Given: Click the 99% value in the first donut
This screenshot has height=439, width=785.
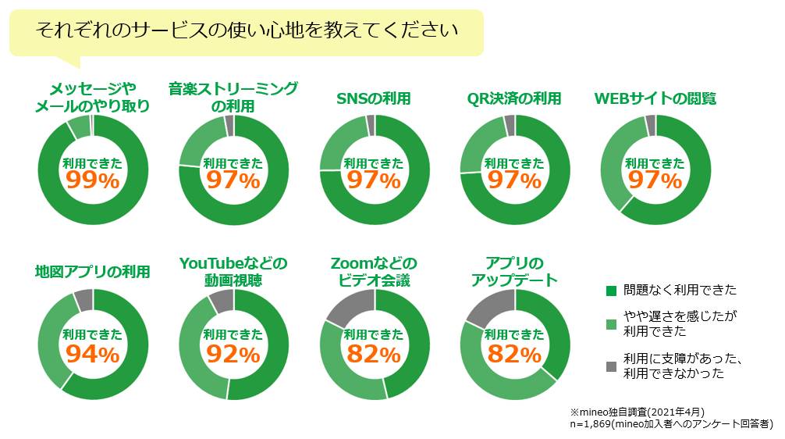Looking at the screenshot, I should coord(92,180).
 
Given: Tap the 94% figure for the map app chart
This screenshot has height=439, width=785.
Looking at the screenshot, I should coord(92,354).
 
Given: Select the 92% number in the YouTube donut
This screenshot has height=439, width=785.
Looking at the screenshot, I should coord(233,354).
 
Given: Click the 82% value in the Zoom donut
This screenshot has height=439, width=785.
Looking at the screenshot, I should coord(374,354).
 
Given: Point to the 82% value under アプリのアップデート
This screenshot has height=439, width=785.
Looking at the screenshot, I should coord(514,354).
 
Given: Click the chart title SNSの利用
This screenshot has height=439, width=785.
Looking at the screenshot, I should coord(373,98).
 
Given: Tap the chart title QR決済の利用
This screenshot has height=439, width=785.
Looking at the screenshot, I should coord(514,98).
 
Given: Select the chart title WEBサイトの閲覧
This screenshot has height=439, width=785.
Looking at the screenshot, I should coord(655,98).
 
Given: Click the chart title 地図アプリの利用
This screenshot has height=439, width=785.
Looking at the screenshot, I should coord(92,272).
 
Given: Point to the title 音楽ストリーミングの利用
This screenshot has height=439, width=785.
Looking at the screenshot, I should coord(233,97).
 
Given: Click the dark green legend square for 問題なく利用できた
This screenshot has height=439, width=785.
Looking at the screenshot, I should coord(612,291).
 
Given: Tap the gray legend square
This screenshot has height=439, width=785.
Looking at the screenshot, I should coord(612,366).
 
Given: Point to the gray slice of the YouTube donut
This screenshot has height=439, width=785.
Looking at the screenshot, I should coord(222,298).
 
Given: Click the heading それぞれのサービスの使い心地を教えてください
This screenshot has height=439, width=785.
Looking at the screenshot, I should coord(247,31).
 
